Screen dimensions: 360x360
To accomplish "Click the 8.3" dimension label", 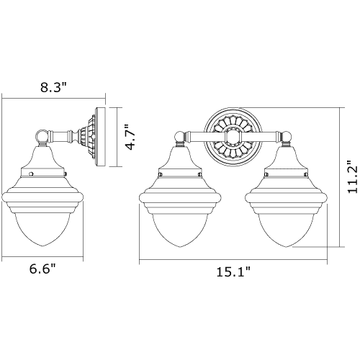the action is tap(53, 87).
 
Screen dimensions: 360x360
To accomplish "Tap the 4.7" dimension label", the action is tap(132, 137).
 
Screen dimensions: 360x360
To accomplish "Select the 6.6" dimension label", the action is tap(42, 269).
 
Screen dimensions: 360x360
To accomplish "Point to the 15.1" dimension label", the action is tap(233, 272).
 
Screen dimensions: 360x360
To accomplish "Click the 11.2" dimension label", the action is tap(353, 176).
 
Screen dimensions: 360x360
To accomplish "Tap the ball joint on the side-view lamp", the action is tap(42, 135).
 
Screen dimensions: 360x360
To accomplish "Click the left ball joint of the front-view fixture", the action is tap(180, 138).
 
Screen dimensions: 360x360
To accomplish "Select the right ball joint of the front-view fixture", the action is tap(286, 138).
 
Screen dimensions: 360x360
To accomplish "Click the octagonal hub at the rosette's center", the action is tap(233, 137).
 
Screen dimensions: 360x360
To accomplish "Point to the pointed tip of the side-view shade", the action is tap(42, 246).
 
